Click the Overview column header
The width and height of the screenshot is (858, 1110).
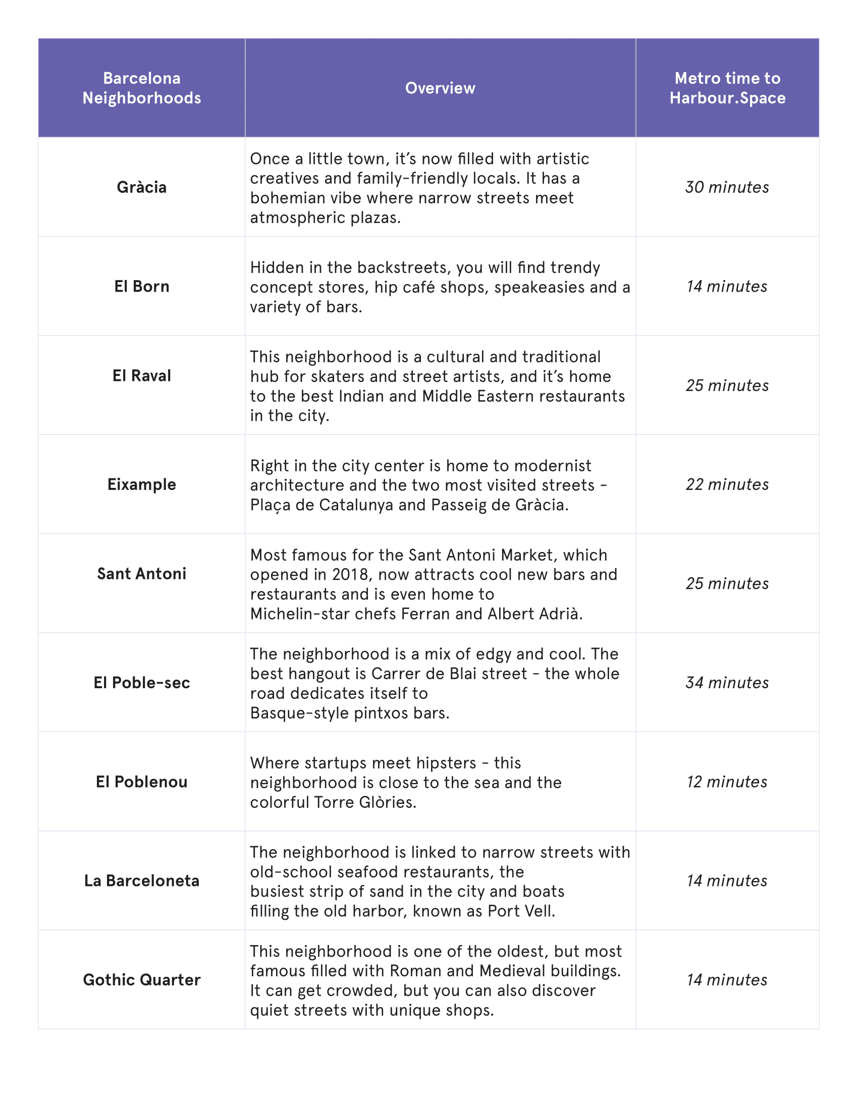click(x=440, y=88)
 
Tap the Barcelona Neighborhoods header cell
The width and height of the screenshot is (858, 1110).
click(x=141, y=88)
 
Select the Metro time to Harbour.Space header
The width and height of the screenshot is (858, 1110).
click(x=727, y=88)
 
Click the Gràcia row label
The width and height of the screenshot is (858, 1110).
click(x=141, y=187)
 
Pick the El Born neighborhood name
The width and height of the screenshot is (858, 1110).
click(x=141, y=286)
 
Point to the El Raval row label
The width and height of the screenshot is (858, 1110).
click(x=141, y=375)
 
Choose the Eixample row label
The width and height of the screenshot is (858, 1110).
click(x=141, y=484)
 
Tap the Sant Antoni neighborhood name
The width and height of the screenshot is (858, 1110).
click(x=141, y=574)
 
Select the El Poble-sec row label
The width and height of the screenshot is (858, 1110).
click(x=141, y=683)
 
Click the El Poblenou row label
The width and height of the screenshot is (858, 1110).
click(x=141, y=782)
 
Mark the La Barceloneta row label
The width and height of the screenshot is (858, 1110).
click(x=141, y=881)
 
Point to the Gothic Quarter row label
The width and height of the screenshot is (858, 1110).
click(x=141, y=980)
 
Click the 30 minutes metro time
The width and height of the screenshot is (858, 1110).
click(x=727, y=187)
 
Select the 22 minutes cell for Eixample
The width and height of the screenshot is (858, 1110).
click(x=727, y=484)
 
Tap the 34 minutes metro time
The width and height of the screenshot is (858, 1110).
click(x=727, y=683)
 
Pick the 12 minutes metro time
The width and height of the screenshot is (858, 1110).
click(x=727, y=782)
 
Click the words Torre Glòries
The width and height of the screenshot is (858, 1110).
click(x=364, y=802)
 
